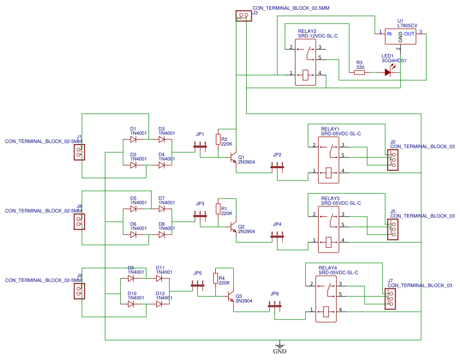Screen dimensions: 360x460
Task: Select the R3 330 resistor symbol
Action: (360, 73)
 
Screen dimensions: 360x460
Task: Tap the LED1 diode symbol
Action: (388, 73)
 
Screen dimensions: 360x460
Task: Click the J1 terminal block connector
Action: (79, 152)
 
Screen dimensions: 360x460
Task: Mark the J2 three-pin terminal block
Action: (393, 160)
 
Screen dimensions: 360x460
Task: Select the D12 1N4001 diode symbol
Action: (159, 304)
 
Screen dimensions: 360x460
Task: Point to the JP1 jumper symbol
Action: (200, 146)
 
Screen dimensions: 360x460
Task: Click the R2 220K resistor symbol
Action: (217, 140)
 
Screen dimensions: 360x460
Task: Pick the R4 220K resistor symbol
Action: (215, 279)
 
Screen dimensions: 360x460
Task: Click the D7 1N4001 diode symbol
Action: (162, 209)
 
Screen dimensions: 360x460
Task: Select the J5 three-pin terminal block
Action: (393, 230)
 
